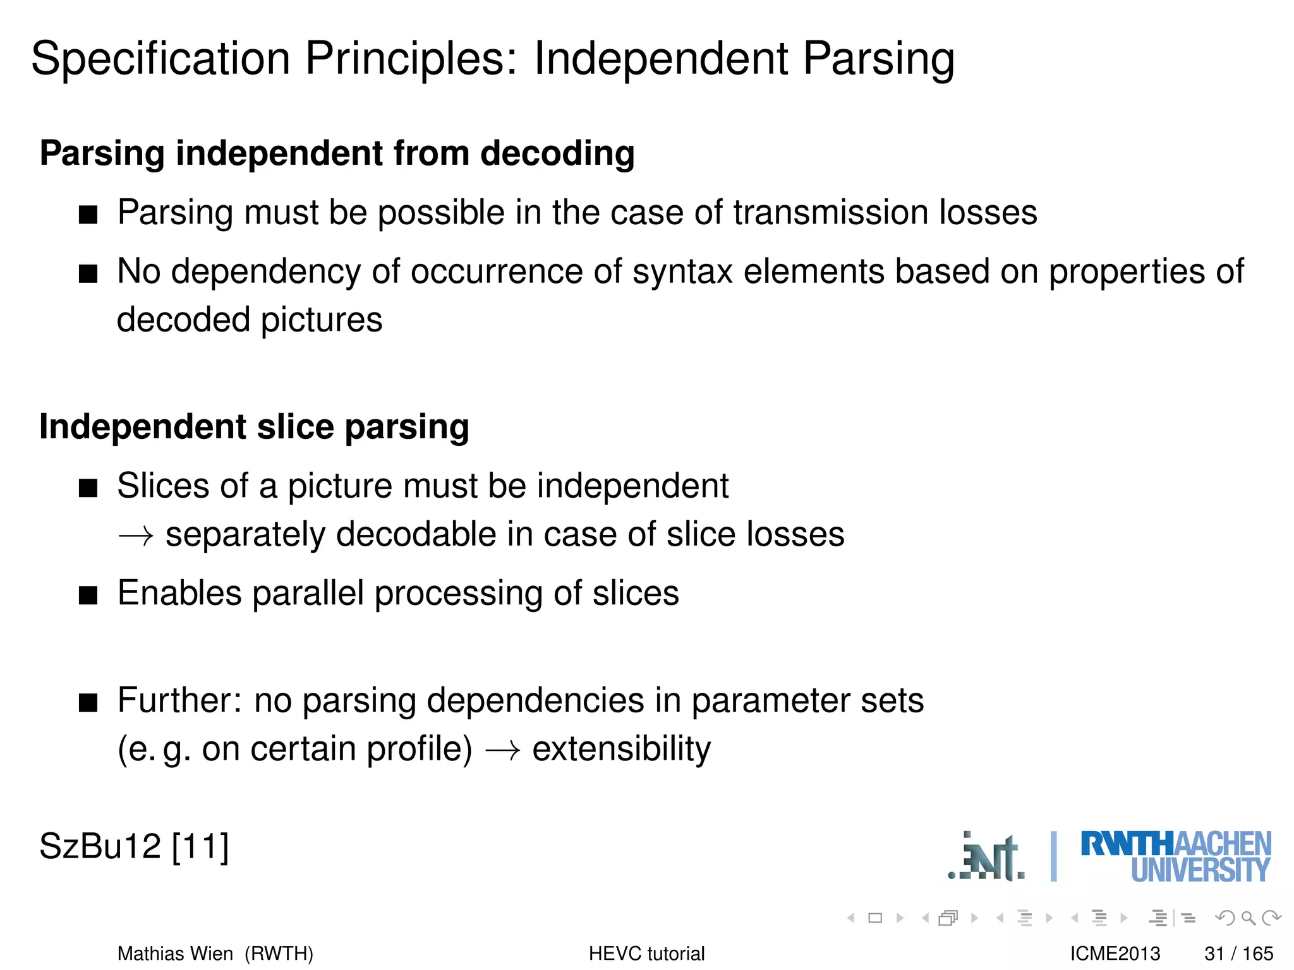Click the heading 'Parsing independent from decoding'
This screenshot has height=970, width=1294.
point(337,153)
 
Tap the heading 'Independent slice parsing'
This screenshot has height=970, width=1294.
point(254,427)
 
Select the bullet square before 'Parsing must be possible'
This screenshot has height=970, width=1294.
point(88,215)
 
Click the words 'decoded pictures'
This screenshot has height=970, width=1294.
point(250,320)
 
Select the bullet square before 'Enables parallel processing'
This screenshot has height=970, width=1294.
point(88,596)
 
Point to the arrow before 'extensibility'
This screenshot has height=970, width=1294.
point(502,751)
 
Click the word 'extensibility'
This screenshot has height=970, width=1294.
point(621,750)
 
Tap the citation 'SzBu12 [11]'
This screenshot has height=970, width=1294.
point(134,846)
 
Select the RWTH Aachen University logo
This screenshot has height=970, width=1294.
point(1175,857)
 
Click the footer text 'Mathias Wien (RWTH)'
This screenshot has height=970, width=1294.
point(215,954)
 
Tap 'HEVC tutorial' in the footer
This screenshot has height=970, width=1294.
point(646,954)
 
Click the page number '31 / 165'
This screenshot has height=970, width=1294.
point(1238,954)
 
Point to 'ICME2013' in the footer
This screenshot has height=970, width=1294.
point(1115,954)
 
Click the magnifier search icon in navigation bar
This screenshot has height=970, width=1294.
point(1248,918)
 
